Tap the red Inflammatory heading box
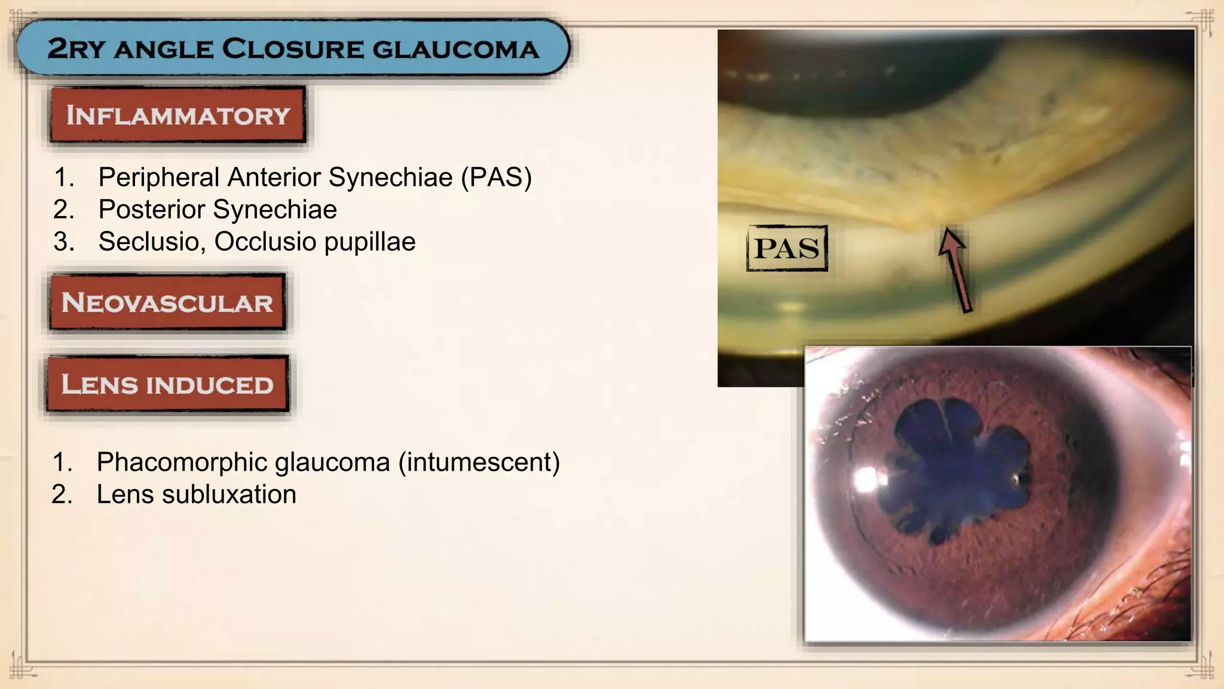tap(178, 115)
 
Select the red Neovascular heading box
tap(167, 303)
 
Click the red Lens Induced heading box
tap(167, 384)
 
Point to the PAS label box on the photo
tap(787, 248)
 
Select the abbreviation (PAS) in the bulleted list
tap(496, 178)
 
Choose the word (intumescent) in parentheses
tap(479, 462)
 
